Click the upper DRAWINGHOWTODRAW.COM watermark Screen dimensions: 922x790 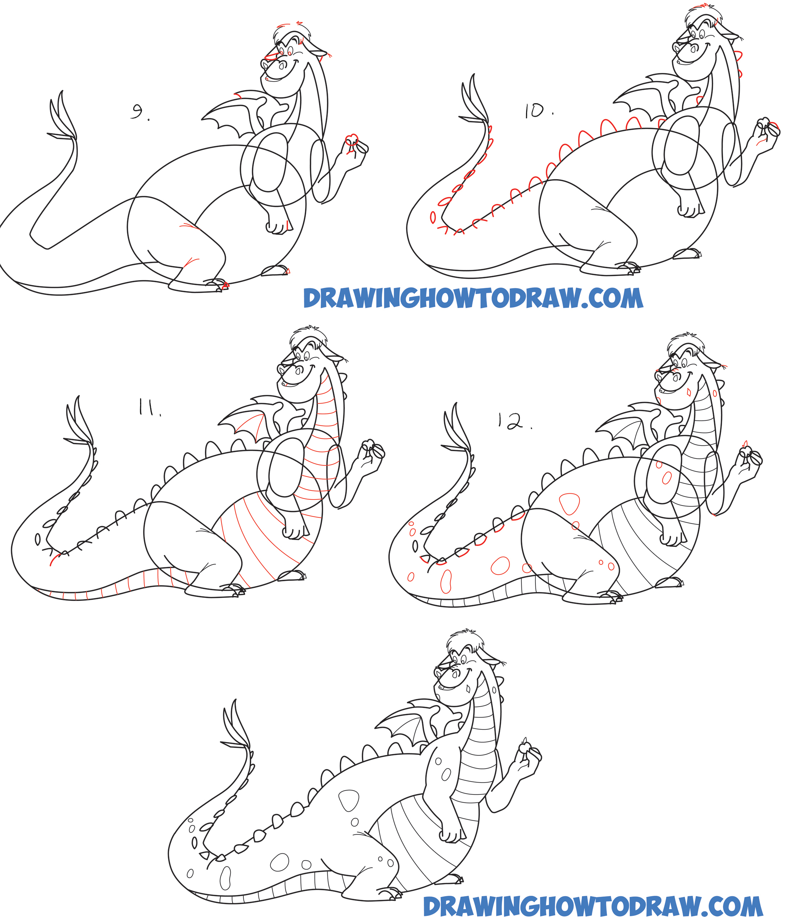(x=473, y=298)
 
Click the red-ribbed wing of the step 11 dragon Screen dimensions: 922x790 (x=248, y=420)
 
